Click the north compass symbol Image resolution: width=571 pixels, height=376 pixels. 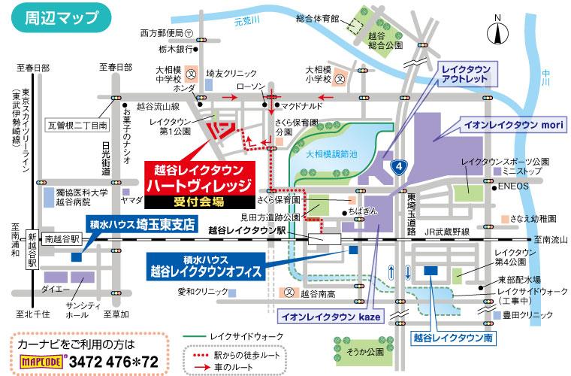coord(497,32)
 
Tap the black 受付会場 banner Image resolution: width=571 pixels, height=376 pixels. coord(200,202)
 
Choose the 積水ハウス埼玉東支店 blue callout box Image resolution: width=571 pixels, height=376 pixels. coord(141,224)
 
